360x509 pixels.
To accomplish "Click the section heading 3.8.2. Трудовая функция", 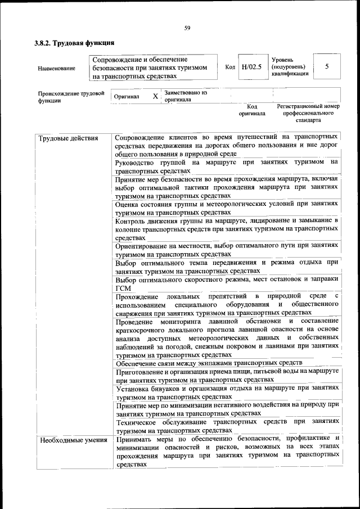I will click(74, 43).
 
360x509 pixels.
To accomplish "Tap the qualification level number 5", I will click(327, 66).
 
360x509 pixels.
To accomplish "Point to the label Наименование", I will click(56, 68).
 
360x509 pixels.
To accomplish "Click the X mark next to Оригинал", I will click(155, 96).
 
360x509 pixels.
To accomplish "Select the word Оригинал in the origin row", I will click(126, 97).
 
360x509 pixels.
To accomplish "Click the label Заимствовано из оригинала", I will click(186, 96).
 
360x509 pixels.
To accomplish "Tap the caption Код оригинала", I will click(252, 110).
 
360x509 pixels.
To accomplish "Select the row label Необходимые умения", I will click(73, 440).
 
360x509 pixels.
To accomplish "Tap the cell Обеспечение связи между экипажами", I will click(209, 362).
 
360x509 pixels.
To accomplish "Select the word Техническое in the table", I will click(138, 421).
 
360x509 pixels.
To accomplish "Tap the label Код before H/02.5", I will click(230, 67).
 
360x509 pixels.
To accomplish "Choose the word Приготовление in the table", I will click(141, 371).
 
